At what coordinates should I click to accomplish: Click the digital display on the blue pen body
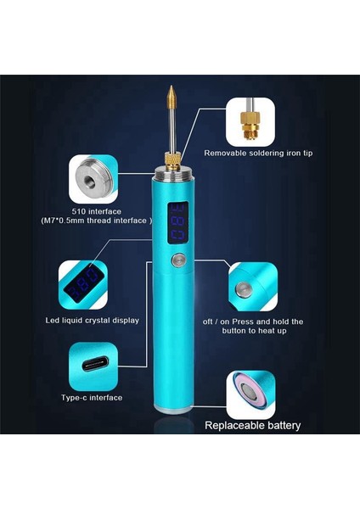pyautogui.click(x=180, y=221)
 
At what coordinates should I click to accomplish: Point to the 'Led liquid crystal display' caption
pyautogui.click(x=93, y=321)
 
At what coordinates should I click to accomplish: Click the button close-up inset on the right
pyautogui.click(x=250, y=288)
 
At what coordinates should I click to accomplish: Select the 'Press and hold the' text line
pyautogui.click(x=273, y=322)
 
